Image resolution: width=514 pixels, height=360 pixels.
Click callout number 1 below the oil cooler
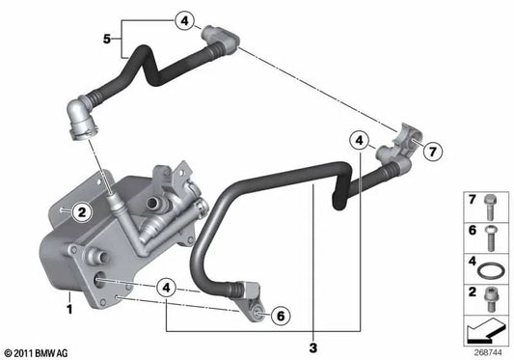click(x=69, y=310)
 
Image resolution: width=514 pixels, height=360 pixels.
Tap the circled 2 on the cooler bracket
click(x=82, y=210)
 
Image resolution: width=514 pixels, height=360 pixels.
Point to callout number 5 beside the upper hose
click(x=108, y=39)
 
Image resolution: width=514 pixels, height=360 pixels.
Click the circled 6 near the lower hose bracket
click(x=278, y=314)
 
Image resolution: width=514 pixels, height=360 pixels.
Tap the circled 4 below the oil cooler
click(x=167, y=287)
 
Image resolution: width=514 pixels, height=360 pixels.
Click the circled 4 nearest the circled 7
click(x=359, y=141)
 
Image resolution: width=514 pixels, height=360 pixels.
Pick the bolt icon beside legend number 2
click(x=492, y=291)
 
